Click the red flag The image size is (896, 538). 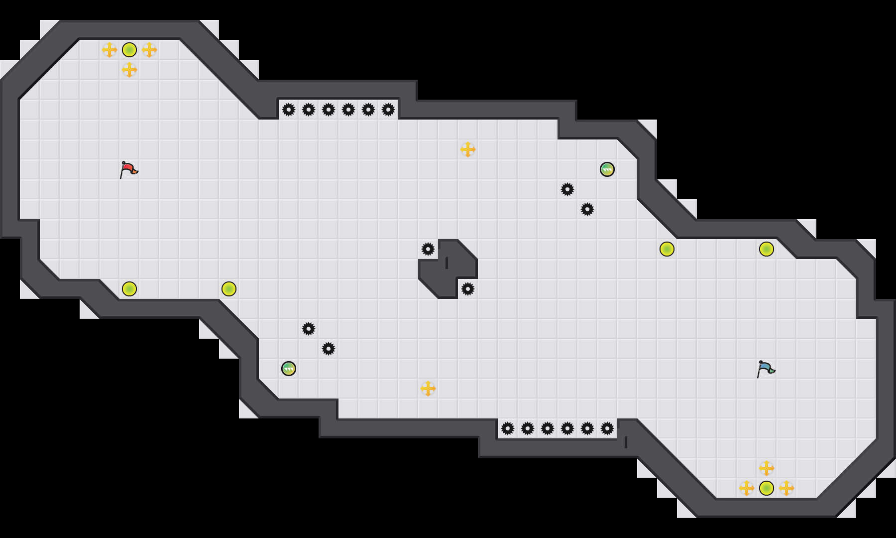128,169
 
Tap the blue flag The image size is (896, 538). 766,369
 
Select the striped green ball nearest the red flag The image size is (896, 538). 289,369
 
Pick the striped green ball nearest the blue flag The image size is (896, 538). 607,169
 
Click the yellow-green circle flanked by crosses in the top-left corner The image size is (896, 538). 129,50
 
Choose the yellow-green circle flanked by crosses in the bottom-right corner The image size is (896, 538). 767,488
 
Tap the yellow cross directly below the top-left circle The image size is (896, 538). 129,70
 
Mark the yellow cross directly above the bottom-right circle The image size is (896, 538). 767,468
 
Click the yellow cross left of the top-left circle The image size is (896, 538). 110,50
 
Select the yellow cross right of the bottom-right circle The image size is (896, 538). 786,488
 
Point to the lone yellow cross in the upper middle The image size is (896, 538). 468,149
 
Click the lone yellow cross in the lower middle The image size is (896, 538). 428,389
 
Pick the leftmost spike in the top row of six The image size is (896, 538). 289,110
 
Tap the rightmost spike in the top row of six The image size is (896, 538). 388,110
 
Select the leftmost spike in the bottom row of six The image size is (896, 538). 508,428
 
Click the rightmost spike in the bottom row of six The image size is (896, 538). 607,428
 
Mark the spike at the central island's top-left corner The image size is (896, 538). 428,249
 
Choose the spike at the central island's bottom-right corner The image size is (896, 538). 468,289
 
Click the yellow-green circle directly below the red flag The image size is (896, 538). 129,289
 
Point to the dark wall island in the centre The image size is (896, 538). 448,269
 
